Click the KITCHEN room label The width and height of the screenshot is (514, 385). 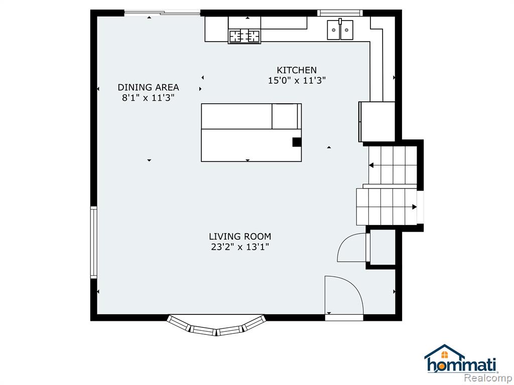(297, 70)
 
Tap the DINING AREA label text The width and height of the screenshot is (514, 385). (148, 87)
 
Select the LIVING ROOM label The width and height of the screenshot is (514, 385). (240, 237)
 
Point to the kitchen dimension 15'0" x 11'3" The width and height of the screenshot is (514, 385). (297, 81)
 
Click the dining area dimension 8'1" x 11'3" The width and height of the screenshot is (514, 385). (148, 98)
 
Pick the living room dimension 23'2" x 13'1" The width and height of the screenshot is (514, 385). (240, 247)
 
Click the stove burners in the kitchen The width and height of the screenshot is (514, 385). (244, 36)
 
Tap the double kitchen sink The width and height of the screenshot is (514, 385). (340, 30)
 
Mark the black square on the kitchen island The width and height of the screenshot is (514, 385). (297, 142)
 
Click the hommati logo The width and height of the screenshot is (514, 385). (461, 359)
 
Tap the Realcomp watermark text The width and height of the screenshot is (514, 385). (488, 377)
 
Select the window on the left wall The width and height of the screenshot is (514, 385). (94, 242)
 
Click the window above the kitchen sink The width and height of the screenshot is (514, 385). (340, 13)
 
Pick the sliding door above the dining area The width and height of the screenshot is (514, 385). (162, 13)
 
